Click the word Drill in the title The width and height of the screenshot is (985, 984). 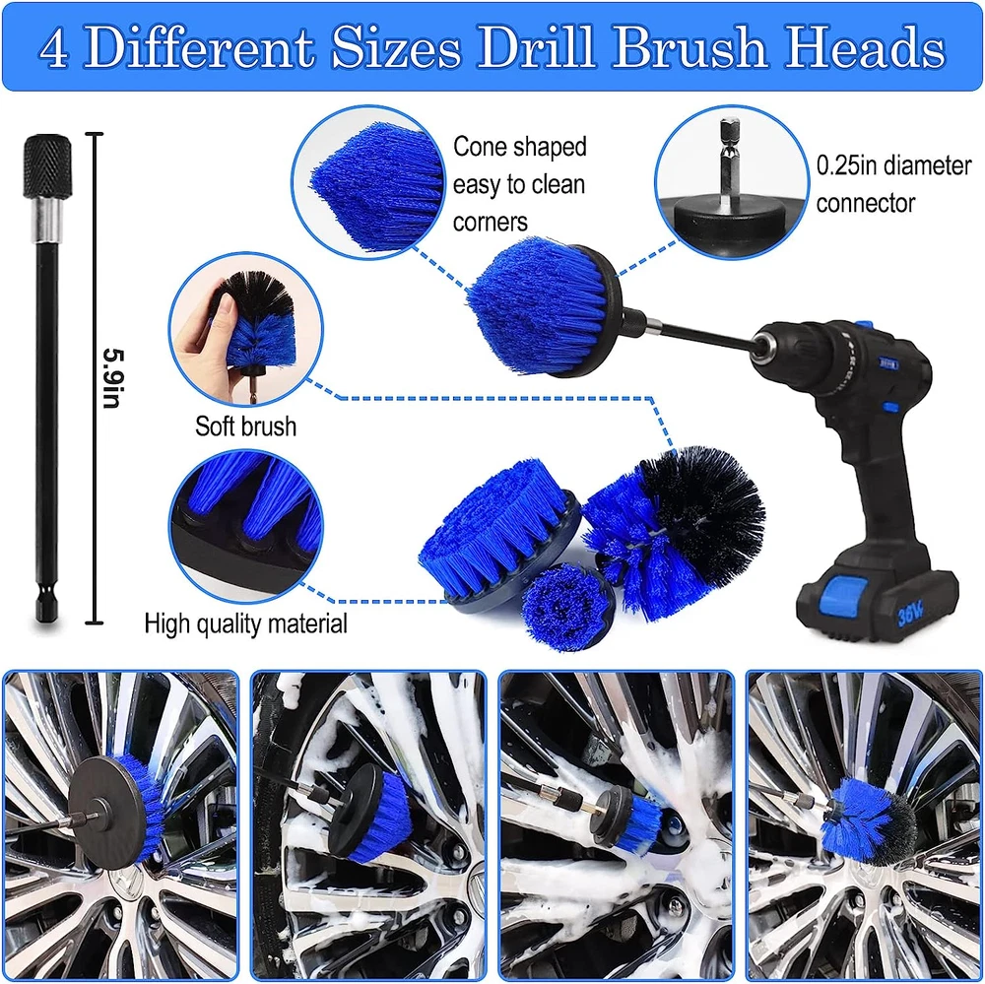(540, 47)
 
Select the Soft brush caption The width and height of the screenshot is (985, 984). (245, 426)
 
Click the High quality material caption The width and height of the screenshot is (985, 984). (245, 623)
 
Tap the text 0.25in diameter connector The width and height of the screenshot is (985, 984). (893, 184)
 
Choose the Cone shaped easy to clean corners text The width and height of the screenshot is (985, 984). (519, 184)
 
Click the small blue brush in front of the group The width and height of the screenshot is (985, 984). (567, 607)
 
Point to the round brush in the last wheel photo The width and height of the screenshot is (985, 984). (870, 820)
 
